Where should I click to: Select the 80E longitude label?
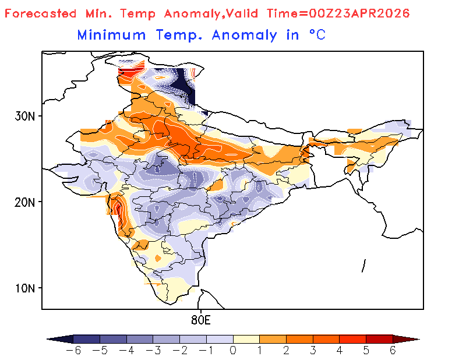(x=200, y=320)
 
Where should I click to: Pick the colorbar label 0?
(x=233, y=351)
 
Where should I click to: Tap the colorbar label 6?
(x=393, y=351)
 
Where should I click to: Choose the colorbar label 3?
(x=313, y=351)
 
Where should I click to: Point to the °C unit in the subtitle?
(x=316, y=35)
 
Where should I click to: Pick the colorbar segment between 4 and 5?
(x=352, y=338)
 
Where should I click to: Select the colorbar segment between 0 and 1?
(x=246, y=338)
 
